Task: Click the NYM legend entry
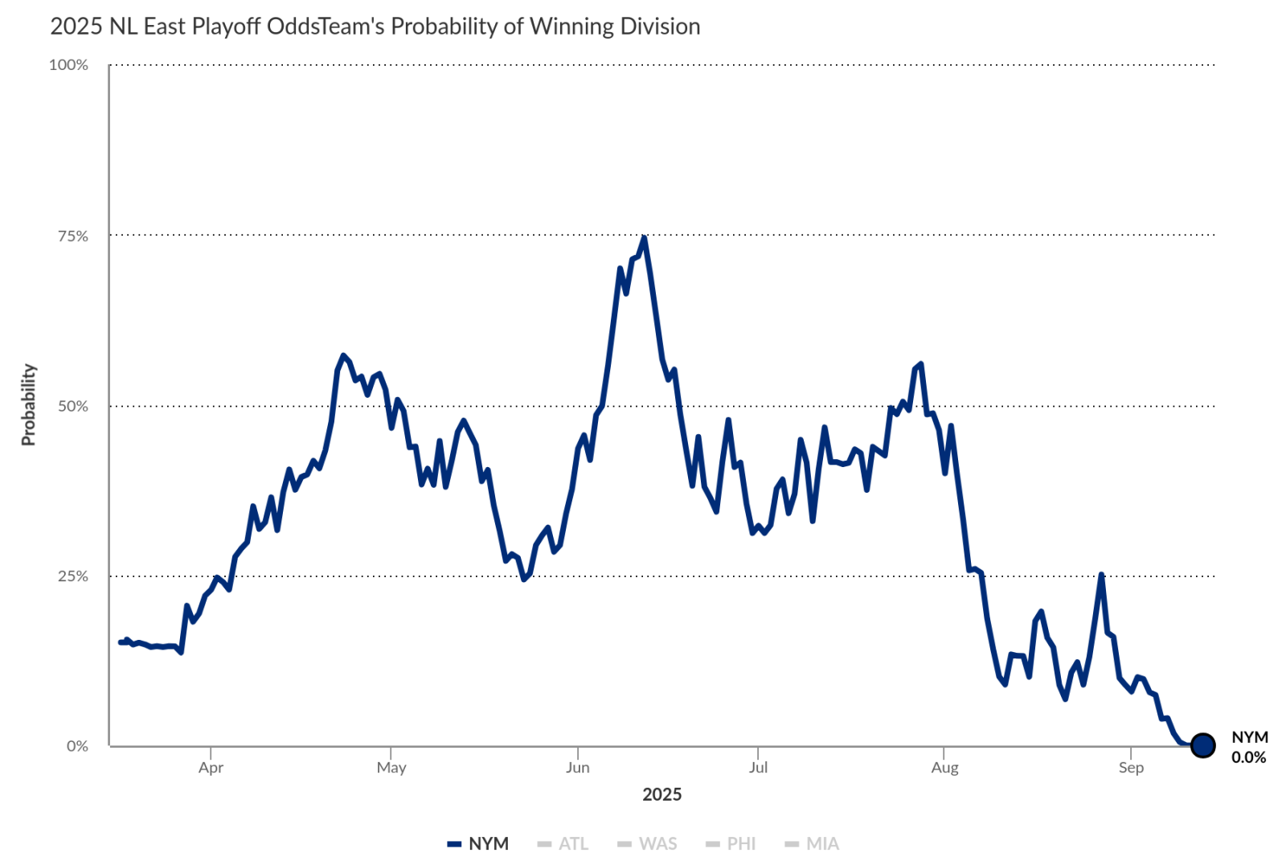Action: pos(479,843)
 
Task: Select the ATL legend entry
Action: pos(563,843)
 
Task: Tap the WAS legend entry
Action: pos(648,843)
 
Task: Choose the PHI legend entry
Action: pos(731,843)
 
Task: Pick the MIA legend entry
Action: pos(813,843)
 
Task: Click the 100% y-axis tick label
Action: pos(68,65)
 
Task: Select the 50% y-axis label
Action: pos(72,406)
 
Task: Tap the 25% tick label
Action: pos(72,576)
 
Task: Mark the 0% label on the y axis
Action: pos(77,746)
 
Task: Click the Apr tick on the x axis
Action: pos(211,767)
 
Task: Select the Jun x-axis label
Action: pos(577,767)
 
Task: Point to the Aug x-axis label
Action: pos(944,767)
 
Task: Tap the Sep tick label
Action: pos(1131,767)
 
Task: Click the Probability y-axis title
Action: pos(29,404)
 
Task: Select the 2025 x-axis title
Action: pos(661,794)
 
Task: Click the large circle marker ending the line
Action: pos(1202,745)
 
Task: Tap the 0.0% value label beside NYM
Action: pos(1248,757)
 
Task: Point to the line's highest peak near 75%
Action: pos(644,238)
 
